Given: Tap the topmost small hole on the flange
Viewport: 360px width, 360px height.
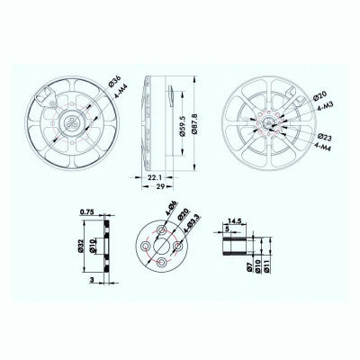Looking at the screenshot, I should (x=160, y=229).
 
